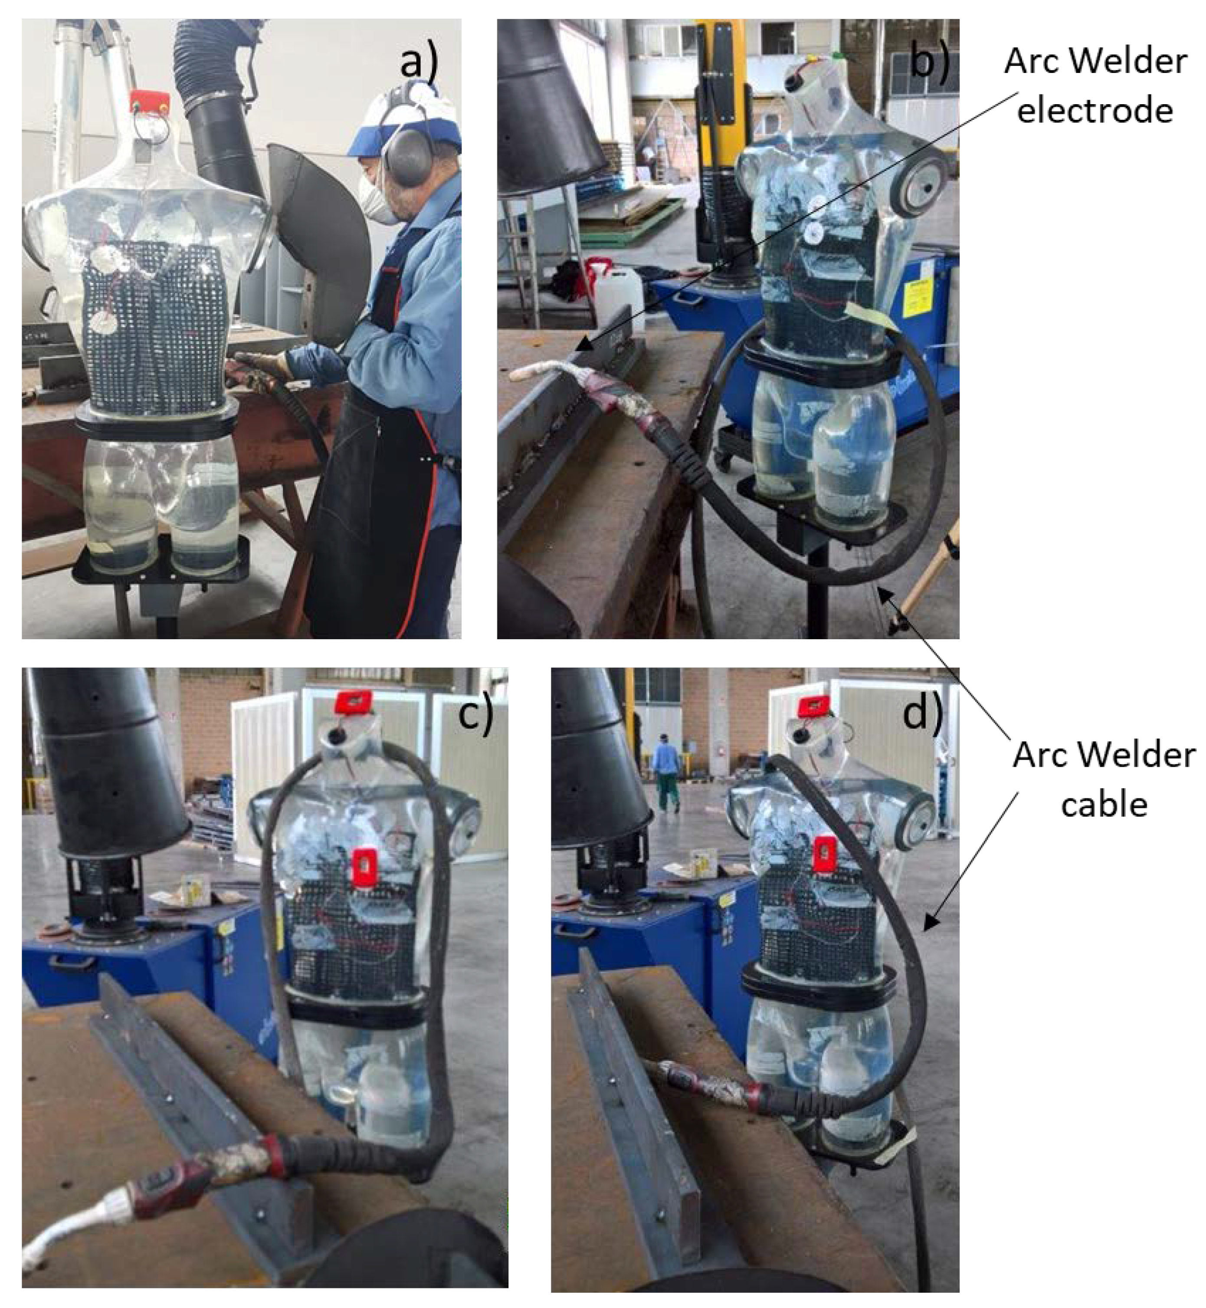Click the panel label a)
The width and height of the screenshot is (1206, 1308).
[x=419, y=64]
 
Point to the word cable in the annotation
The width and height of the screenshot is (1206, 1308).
[x=1104, y=804]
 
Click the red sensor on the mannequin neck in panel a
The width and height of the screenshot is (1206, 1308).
[x=149, y=101]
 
